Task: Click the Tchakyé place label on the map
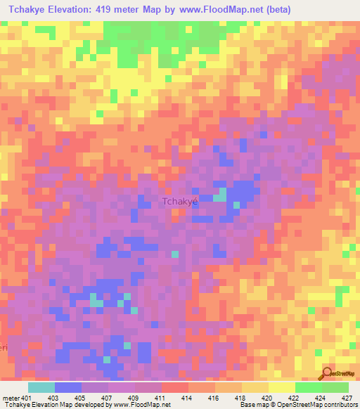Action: pos(181,202)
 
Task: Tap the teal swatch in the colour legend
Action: pos(41,387)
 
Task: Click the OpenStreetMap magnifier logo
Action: pos(326,374)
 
